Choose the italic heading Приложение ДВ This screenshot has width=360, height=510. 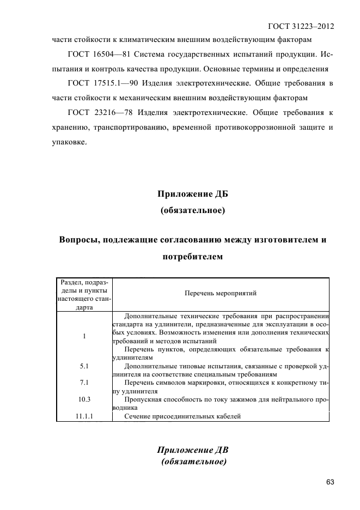pyautogui.click(x=193, y=450)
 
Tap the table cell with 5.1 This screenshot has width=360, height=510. pyautogui.click(x=84, y=366)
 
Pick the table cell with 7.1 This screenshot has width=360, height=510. pyautogui.click(x=84, y=382)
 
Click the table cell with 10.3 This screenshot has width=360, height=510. pyautogui.click(x=84, y=399)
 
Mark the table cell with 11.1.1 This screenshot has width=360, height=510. pyautogui.click(x=84, y=416)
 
